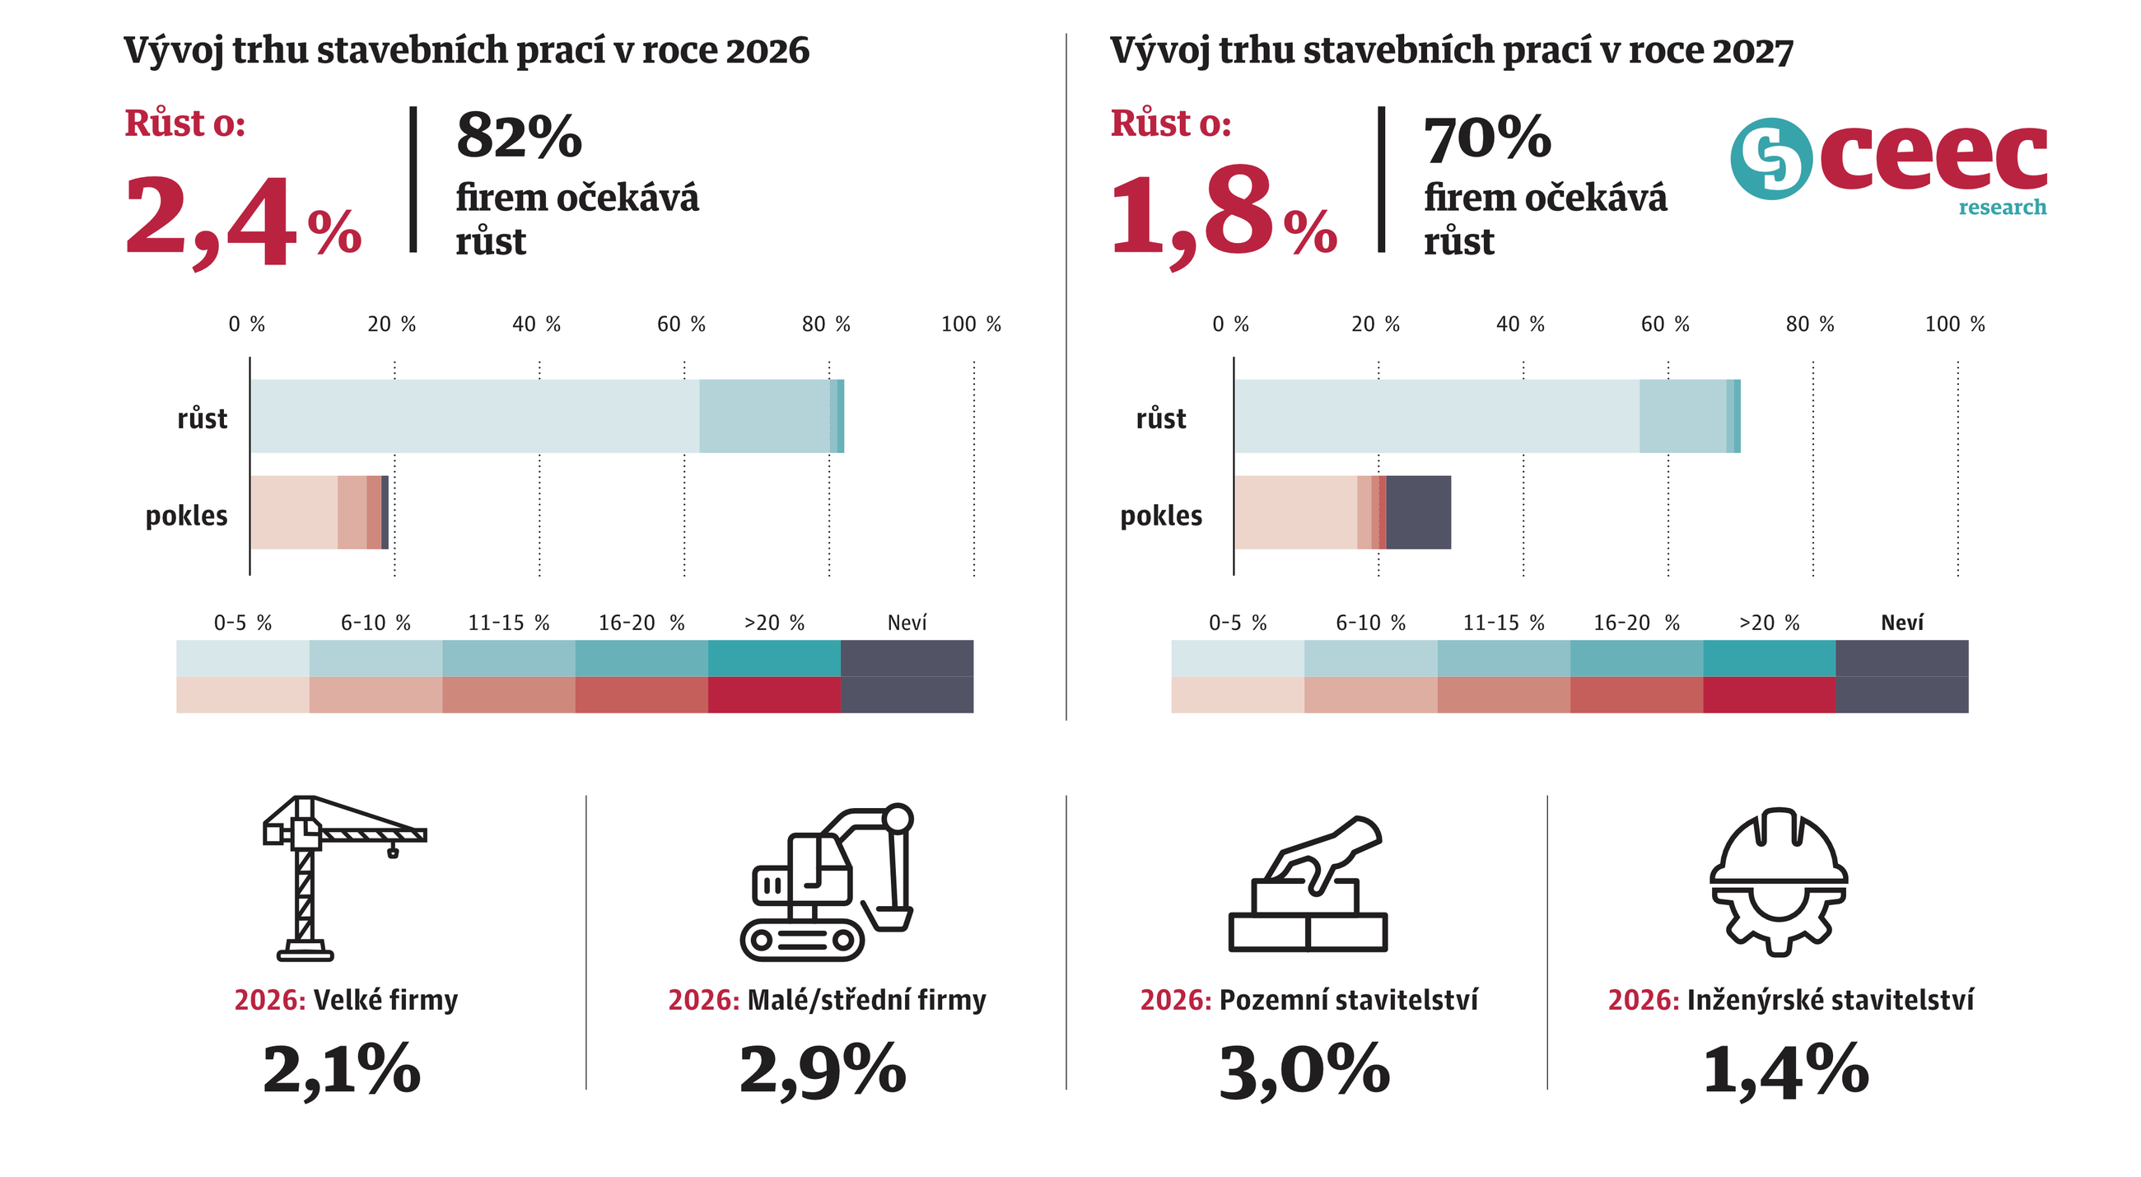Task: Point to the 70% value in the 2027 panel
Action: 1487,138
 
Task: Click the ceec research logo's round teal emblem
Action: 1770,159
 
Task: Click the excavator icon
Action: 826,881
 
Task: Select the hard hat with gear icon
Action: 1779,881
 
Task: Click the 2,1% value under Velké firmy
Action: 342,1070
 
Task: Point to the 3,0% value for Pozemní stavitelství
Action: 1304,1070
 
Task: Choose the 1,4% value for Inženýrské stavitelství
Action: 1785,1070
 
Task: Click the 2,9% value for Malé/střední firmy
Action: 823,1070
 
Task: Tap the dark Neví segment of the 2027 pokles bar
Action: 1418,512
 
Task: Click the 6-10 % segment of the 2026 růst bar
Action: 764,416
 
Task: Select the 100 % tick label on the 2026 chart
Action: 971,325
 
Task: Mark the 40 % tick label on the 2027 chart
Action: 1520,325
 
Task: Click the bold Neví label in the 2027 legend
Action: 1901,623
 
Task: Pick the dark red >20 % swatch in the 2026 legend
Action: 774,695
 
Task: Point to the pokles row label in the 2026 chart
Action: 186,516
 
